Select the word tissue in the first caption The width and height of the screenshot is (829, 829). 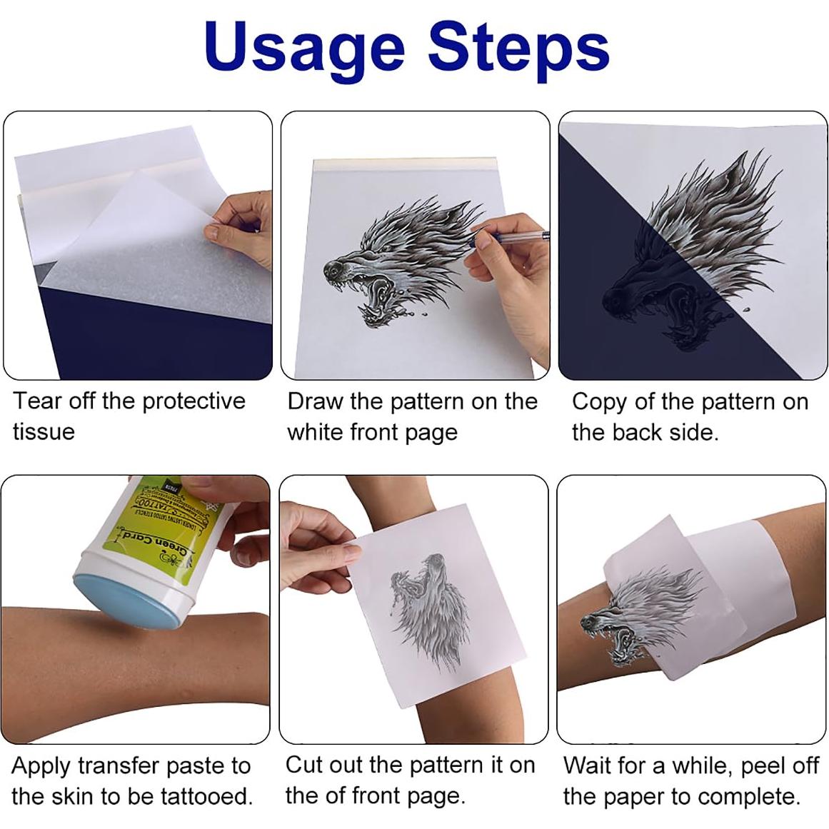click(44, 432)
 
